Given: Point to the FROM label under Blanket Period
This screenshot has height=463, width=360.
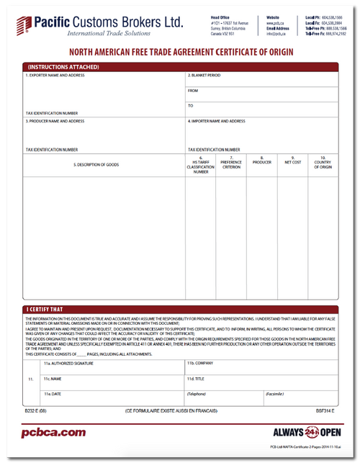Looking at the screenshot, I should point(192,91).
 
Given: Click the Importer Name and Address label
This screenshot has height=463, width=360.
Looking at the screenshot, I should point(217,121).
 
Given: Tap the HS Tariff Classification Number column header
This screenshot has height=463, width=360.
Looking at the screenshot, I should point(201,164).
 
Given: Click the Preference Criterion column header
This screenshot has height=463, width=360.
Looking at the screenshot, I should point(231,163).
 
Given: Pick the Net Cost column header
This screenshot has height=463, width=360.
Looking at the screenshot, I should point(292,161).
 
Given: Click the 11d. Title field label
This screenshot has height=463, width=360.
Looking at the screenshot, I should point(197,378).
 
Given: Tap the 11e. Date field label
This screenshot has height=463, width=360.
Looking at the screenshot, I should point(51,394).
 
